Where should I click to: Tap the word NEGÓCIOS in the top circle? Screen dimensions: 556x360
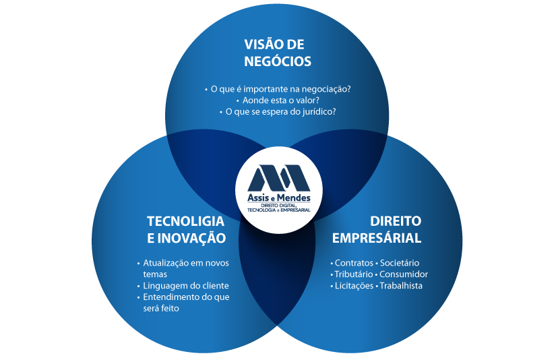(278, 61)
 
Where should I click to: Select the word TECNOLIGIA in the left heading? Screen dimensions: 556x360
(185, 221)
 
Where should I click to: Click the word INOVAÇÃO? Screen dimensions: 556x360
(191, 238)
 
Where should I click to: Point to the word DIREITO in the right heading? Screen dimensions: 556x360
(396, 221)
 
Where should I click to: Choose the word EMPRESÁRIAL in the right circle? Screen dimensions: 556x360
(377, 237)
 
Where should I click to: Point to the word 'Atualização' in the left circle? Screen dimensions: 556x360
(166, 263)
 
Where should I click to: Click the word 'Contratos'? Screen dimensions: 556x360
(354, 263)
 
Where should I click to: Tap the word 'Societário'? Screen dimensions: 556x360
(400, 263)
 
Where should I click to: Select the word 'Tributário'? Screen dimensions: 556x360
(354, 274)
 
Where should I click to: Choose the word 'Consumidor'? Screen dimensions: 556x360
(404, 274)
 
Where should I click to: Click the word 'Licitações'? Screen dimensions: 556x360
(354, 286)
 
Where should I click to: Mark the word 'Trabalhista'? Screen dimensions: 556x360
(401, 286)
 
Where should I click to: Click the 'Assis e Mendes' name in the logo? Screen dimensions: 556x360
(279, 198)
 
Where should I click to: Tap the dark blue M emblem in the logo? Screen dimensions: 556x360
(279, 178)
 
